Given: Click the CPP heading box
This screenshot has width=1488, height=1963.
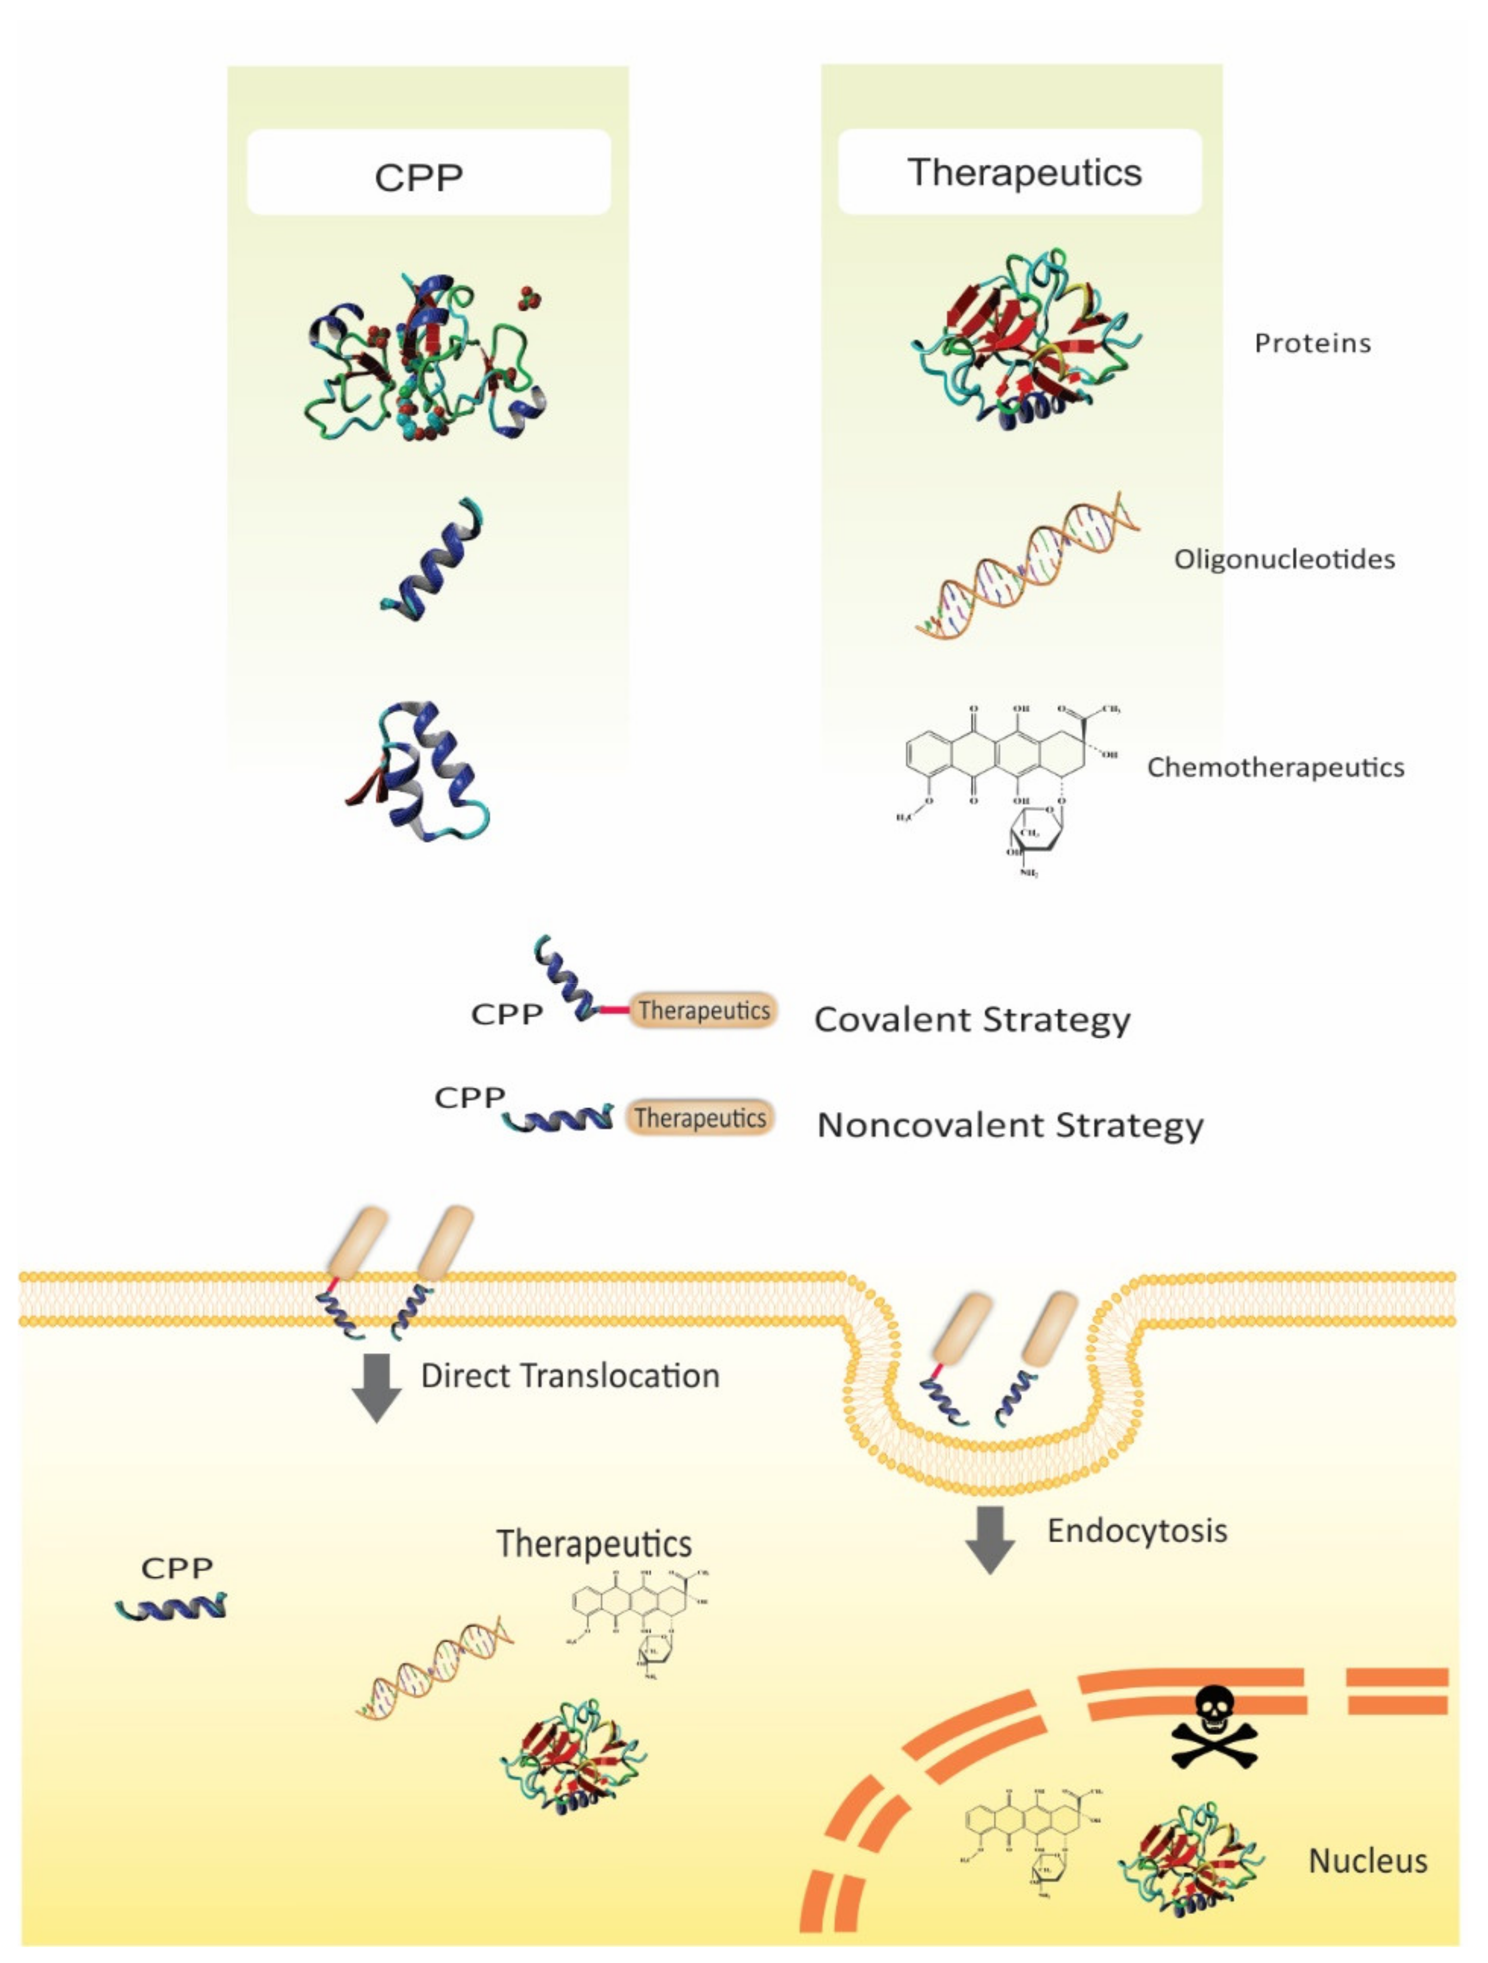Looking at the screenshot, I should click(x=429, y=172).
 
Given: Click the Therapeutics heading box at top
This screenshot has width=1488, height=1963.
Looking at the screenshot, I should click(x=1020, y=171).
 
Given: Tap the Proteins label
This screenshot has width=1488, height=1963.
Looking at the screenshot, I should click(x=1311, y=343).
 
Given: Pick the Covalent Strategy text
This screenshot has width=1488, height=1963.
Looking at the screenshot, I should click(x=971, y=1020).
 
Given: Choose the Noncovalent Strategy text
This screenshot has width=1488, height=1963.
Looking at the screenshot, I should click(x=1010, y=1125).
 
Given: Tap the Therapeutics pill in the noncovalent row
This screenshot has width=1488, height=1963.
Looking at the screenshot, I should click(x=699, y=1118).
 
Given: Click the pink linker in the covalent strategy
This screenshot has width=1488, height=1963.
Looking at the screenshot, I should click(x=613, y=1010).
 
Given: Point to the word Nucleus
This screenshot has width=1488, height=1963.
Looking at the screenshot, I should click(x=1367, y=1861).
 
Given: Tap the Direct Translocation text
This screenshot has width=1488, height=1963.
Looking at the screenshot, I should click(x=569, y=1375).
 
